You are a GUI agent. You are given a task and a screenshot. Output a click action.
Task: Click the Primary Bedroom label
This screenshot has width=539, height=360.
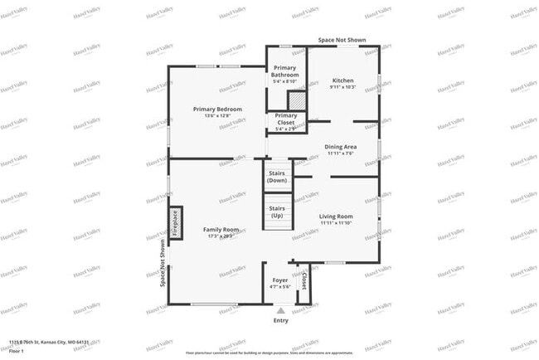217,109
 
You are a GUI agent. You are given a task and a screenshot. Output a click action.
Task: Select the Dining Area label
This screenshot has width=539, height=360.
341,147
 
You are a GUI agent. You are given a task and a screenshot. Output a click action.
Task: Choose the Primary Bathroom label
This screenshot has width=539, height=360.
285,71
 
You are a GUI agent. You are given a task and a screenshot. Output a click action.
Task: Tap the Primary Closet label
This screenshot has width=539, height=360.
285,119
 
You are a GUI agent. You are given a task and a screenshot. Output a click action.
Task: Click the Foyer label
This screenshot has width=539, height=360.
280,280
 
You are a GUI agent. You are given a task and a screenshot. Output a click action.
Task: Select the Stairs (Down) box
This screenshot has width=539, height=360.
278,177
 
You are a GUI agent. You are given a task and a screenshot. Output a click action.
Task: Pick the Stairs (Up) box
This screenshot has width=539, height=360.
278,212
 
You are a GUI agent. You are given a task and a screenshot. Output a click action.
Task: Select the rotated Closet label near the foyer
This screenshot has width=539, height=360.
303,282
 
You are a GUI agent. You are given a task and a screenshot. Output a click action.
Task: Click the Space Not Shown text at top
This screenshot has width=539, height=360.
343,40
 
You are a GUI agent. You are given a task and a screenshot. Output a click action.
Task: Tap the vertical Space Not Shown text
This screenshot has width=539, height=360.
163,259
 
